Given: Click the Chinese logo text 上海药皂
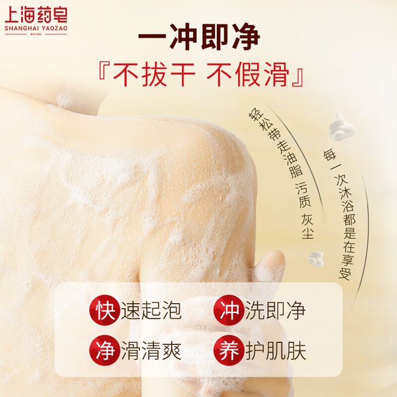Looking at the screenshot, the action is click(x=36, y=15).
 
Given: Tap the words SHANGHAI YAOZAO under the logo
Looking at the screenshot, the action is click(x=36, y=28).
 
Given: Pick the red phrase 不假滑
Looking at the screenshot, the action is click(x=248, y=74).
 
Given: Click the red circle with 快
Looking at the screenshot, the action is click(x=104, y=310).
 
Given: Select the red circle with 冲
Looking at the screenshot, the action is click(x=229, y=310).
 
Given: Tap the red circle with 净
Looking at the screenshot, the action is click(x=104, y=350).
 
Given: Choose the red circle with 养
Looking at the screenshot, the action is click(x=229, y=350).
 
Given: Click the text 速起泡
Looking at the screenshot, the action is click(x=151, y=310).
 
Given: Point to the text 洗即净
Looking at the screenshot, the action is click(x=275, y=310).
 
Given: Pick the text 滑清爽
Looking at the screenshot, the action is click(x=151, y=351).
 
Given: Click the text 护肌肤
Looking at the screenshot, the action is click(x=276, y=351).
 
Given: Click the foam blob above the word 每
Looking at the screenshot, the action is click(x=341, y=127).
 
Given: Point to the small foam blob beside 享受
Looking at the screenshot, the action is click(x=316, y=260).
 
